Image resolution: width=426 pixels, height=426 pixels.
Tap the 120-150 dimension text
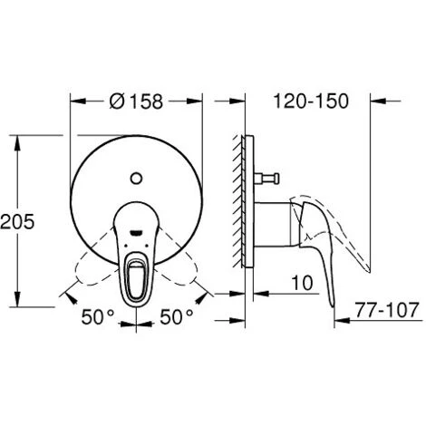(309, 102)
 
